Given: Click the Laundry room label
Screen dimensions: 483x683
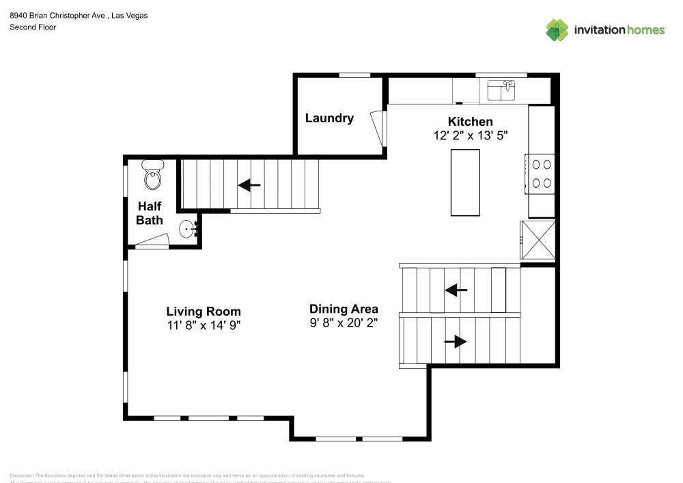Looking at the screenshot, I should (329, 118).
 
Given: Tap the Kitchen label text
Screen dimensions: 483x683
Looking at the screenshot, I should (470, 122).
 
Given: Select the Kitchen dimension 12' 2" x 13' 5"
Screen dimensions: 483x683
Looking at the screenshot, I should (471, 135).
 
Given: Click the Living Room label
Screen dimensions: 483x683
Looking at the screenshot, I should (204, 312).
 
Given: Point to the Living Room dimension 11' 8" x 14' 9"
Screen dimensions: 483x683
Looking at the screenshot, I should (204, 325).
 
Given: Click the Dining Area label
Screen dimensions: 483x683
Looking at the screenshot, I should (344, 309).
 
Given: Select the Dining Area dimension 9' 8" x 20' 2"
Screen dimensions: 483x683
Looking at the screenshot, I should (344, 322).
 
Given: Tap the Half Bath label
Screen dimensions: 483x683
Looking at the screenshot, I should (150, 212).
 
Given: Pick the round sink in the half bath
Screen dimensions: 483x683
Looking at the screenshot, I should (188, 230).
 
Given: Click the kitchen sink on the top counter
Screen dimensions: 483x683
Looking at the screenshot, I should (501, 89).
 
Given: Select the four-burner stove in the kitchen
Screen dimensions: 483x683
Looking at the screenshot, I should (541, 174).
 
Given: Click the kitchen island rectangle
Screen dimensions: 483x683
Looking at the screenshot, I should (465, 182).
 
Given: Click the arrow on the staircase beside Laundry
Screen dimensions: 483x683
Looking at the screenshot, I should (249, 184).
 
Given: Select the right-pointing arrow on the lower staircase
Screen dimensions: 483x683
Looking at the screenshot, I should (456, 341).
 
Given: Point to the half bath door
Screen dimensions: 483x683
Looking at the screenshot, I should (151, 240).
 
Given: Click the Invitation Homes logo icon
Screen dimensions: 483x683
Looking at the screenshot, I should (557, 29).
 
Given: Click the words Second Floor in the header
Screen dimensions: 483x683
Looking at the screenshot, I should (33, 27).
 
